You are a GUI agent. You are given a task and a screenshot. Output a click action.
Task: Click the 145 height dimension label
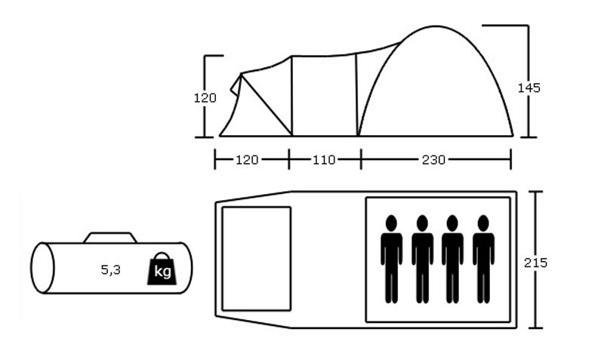(x=528, y=88)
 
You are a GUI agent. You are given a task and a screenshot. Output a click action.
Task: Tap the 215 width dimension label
(x=535, y=263)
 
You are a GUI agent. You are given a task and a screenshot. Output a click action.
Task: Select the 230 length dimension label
(x=433, y=159)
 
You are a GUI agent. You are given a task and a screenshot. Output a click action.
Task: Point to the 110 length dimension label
(x=324, y=159)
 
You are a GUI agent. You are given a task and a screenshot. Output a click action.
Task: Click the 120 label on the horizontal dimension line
(x=247, y=159)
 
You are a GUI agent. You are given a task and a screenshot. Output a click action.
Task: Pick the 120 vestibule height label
(x=205, y=98)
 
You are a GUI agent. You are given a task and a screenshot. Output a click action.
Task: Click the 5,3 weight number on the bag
(x=110, y=270)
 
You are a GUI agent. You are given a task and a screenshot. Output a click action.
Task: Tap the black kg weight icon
(x=162, y=269)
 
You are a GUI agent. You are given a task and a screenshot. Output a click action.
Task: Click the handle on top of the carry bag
(x=110, y=238)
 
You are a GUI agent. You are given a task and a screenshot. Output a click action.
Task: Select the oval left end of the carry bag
(x=42, y=268)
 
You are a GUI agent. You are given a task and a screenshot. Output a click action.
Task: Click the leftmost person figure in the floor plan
(x=391, y=259)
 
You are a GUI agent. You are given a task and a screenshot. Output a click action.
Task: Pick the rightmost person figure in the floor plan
(x=483, y=259)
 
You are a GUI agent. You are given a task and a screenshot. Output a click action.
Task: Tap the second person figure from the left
(x=422, y=259)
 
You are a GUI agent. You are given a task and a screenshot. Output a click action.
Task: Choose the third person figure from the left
(x=452, y=259)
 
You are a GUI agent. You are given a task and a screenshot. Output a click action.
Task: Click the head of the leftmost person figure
(x=391, y=223)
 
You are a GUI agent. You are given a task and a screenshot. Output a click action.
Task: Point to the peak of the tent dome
(x=436, y=26)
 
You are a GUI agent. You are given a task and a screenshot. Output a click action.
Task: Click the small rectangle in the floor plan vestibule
(x=257, y=258)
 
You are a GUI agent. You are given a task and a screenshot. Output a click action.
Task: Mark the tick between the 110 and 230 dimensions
(x=361, y=159)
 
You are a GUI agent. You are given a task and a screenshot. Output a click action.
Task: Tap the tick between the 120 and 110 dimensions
(x=289, y=159)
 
